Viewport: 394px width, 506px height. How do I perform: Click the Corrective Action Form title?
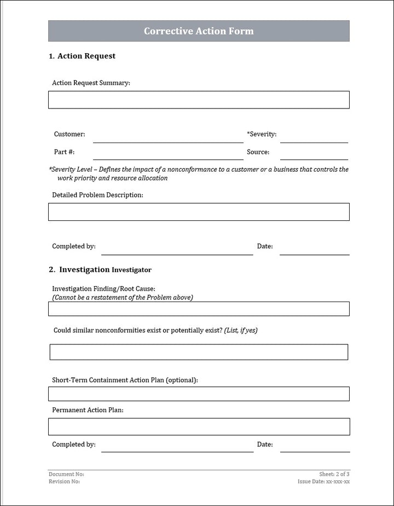pos(199,31)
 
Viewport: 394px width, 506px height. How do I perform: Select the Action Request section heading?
pos(82,56)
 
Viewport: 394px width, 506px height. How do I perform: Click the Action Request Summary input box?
pos(199,100)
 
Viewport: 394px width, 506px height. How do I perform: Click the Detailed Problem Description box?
pos(199,212)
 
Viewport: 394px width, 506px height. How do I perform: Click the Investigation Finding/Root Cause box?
pos(199,309)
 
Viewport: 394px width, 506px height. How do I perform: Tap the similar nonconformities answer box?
pos(199,352)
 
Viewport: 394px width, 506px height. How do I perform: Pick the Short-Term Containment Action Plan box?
pos(199,394)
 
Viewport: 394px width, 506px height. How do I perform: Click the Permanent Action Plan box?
pos(199,427)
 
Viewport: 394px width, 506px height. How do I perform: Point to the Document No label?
pos(66,474)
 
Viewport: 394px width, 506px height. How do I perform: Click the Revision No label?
pos(64,481)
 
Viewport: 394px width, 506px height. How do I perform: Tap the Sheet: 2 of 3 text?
pos(334,474)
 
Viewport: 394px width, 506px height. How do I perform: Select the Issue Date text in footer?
pos(323,481)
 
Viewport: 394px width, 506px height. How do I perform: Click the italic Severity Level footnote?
pos(199,174)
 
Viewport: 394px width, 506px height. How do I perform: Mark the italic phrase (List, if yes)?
pos(241,331)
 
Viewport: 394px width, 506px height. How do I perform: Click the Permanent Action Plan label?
pos(88,410)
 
